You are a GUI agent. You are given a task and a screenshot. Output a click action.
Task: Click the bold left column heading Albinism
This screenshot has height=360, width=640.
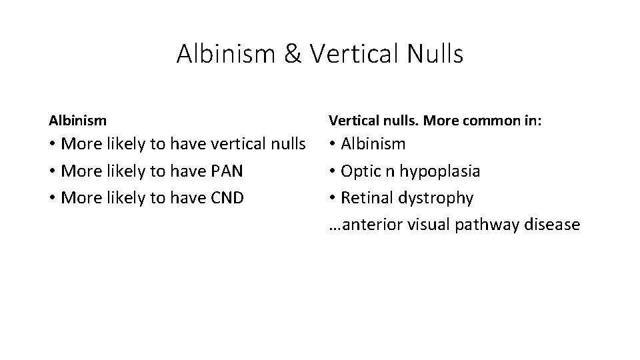77,120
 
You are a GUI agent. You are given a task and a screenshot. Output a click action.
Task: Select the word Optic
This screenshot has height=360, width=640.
360,171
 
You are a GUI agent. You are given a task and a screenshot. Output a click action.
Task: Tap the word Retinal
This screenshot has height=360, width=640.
368,199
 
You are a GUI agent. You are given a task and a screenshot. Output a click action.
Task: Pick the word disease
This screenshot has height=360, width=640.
553,225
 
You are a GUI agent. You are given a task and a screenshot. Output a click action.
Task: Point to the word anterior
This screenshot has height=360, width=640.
367,225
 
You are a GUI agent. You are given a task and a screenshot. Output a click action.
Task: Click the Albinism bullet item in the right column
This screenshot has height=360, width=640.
373,144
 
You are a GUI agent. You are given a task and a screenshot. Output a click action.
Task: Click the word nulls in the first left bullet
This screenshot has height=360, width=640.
284,144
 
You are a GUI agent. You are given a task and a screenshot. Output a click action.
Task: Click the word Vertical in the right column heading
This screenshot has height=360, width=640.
351,120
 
